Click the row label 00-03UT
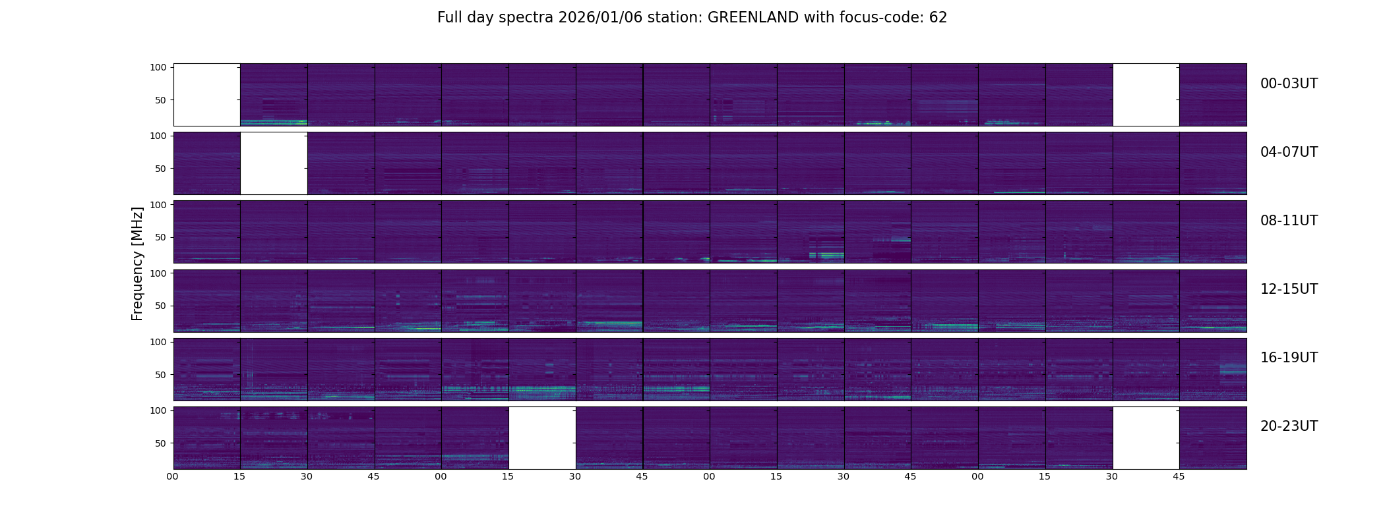(1289, 84)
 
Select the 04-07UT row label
(1289, 152)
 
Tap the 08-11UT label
(1289, 221)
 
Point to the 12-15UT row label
(1289, 289)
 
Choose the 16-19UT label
(1289, 358)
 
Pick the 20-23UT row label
(1289, 426)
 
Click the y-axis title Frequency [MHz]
(137, 263)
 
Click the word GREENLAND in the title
(753, 18)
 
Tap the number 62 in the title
(939, 18)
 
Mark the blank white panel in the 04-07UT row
(274, 163)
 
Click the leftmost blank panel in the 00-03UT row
(206, 95)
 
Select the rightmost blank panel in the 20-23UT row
(1146, 438)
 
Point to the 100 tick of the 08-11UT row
(158, 205)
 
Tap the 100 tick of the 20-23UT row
(158, 410)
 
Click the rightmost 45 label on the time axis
(1179, 476)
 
